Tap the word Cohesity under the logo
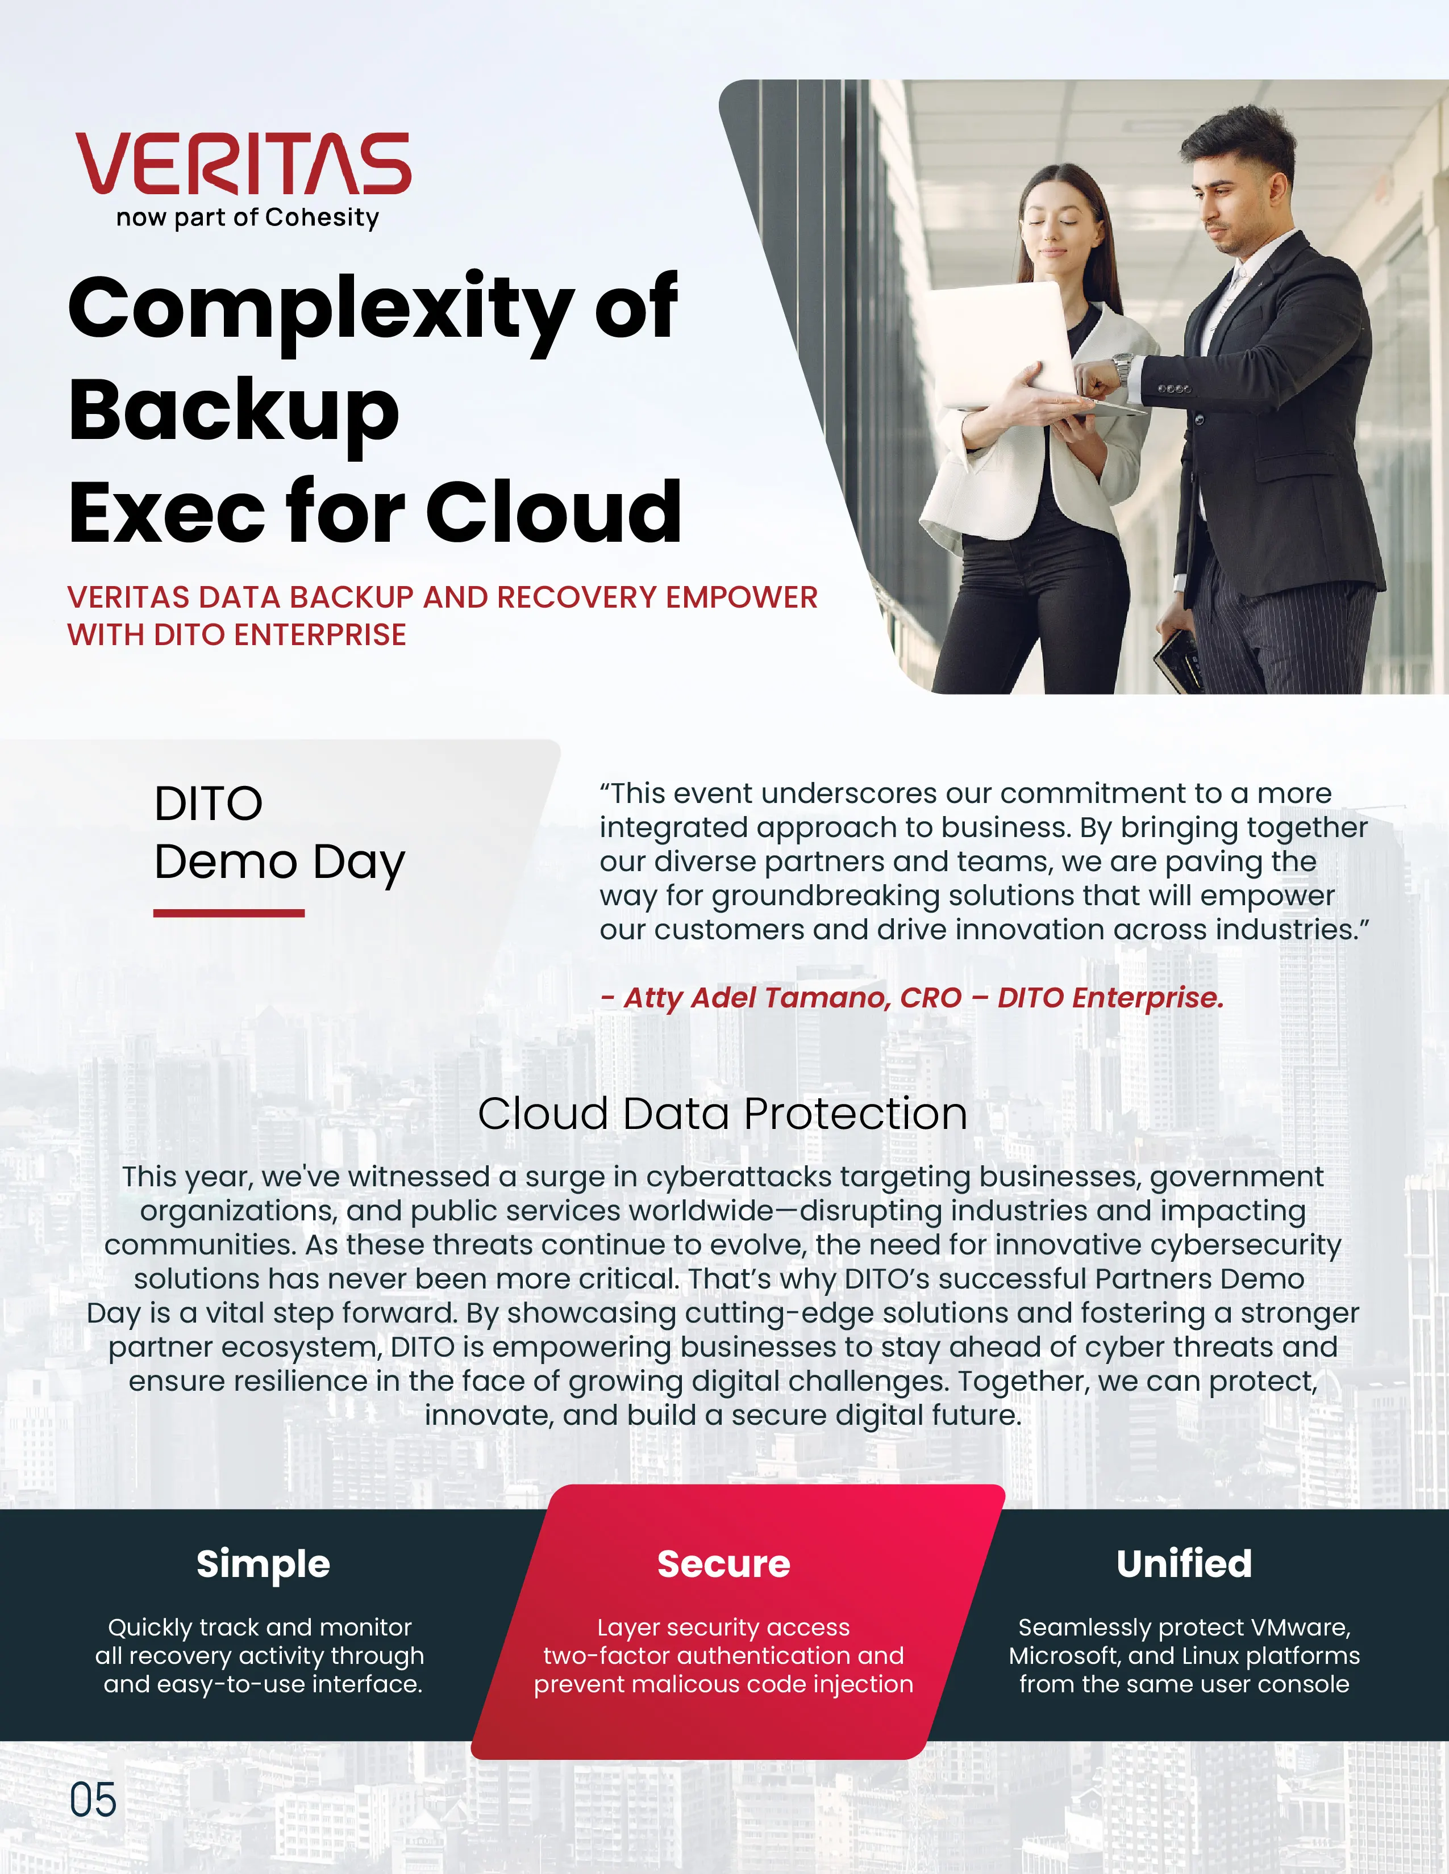[x=322, y=218]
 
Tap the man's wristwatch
[x=1122, y=369]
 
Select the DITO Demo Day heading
[x=279, y=833]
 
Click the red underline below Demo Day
[x=229, y=913]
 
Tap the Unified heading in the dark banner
[x=1185, y=1563]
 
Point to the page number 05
[x=93, y=1800]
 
